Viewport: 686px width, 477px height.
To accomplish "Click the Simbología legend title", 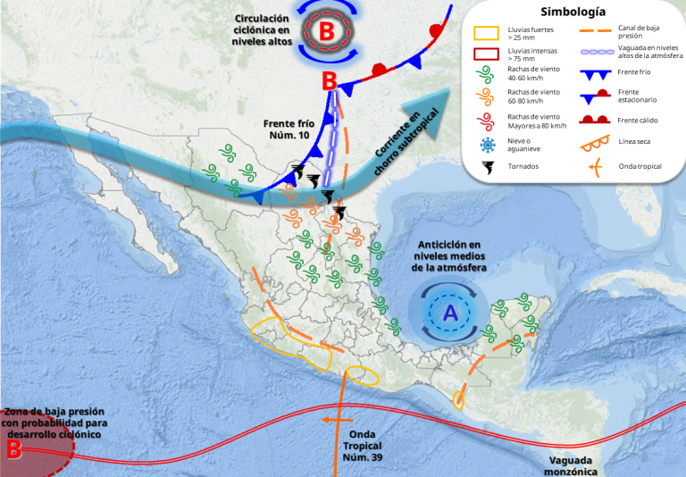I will [573, 13].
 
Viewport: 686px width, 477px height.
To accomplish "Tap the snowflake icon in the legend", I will [486, 144].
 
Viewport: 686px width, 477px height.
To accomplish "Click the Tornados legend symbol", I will [486, 167].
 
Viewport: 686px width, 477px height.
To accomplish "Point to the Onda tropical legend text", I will [640, 165].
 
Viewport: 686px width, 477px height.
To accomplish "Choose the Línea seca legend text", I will [637, 141].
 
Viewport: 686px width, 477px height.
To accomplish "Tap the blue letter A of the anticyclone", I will [450, 312].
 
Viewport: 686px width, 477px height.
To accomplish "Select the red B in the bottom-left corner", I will [13, 450].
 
